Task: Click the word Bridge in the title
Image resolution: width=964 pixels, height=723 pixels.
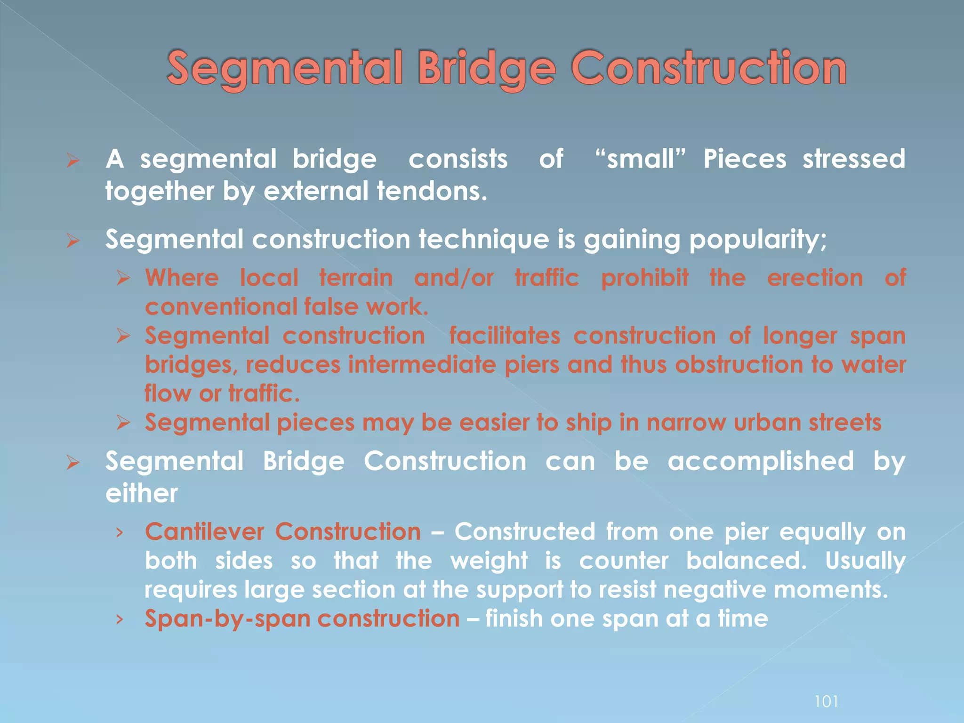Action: pos(487,69)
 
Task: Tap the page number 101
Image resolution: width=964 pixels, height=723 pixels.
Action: pos(826,702)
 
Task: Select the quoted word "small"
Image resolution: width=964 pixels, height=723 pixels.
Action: pos(640,159)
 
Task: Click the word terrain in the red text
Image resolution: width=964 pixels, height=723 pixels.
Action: pos(356,278)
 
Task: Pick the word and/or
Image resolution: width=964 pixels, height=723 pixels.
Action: pos(453,278)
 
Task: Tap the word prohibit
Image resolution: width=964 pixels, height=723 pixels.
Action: pos(644,278)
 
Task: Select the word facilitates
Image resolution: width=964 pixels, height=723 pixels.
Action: pos(505,336)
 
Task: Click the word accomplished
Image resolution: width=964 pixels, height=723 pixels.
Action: pos(760,461)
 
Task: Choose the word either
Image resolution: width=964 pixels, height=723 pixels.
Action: pos(142,494)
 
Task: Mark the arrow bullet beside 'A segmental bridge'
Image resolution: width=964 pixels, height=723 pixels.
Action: pos(72,161)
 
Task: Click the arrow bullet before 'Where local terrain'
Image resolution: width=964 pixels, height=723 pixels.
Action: pos(123,279)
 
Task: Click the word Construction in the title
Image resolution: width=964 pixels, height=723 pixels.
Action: pos(708,69)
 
